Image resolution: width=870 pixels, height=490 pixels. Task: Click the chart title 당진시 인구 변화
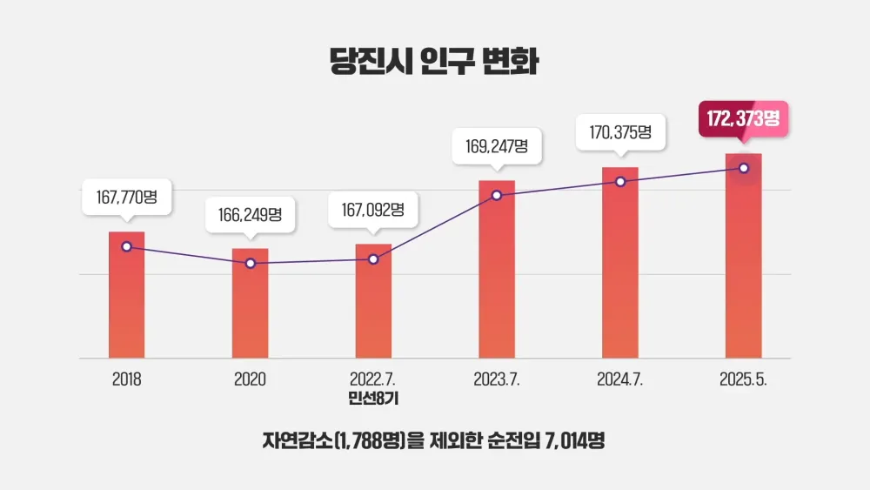[x=434, y=60]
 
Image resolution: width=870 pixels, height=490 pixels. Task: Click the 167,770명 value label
[x=126, y=198]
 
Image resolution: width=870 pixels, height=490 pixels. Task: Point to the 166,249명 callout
[x=250, y=214]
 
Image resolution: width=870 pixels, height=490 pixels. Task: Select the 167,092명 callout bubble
[x=373, y=210]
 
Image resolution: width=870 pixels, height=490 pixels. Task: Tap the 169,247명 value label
[x=497, y=145]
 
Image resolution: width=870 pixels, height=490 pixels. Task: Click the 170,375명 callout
[x=620, y=132]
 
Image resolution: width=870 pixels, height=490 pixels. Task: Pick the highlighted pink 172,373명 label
[x=743, y=119]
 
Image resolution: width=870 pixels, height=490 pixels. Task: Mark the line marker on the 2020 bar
[x=251, y=262]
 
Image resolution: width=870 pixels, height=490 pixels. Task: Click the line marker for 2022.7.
[x=374, y=258]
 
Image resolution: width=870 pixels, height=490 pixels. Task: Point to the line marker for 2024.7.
[x=620, y=181]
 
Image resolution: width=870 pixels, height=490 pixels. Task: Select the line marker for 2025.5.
[x=743, y=168]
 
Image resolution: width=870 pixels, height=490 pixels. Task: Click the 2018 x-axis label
[x=126, y=379]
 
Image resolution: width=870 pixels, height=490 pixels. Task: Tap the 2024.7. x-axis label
[x=620, y=379]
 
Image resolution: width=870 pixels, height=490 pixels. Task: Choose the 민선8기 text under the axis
[x=373, y=399]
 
